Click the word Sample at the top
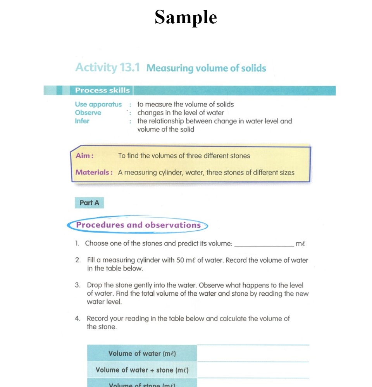coord(186,17)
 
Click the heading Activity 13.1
coord(107,68)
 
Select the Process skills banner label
coord(102,90)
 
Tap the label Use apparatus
coord(98,104)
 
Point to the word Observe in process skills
coord(88,113)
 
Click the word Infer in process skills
coord(82,121)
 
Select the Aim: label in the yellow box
coord(84,156)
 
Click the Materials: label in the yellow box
coord(94,173)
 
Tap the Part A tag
coord(90,203)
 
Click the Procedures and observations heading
coord(138,225)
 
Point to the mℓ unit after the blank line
coord(300,244)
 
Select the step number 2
coord(77,260)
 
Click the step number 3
coord(77,285)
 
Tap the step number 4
coord(77,319)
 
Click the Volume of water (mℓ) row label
coord(142,353)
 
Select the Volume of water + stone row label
coord(142,370)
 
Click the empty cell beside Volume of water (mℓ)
coord(253,353)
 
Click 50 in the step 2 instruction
coord(180,260)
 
